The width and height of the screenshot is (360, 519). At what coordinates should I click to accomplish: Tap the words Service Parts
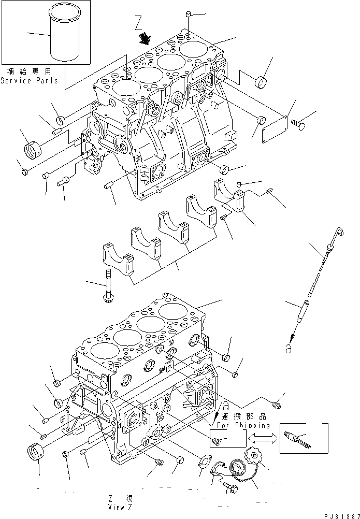[30, 81]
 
